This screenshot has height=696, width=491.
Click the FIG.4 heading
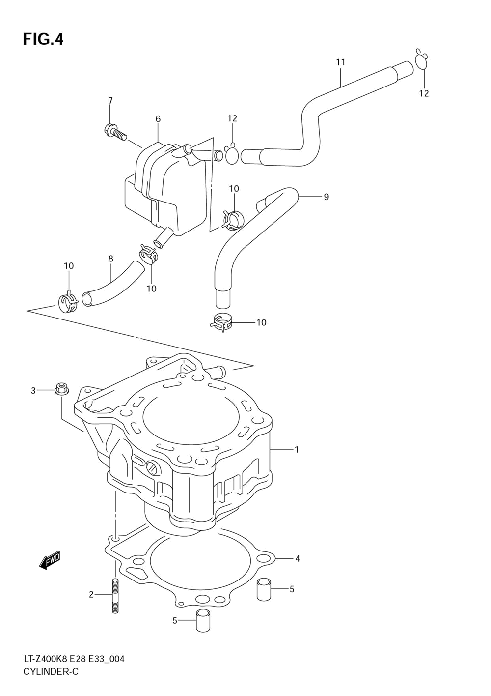tap(43, 39)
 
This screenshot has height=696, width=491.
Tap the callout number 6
tap(158, 118)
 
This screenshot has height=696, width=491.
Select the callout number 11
tap(340, 62)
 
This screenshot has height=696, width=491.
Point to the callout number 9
tap(326, 197)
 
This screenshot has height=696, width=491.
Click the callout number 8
tap(111, 259)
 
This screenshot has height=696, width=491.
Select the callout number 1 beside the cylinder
tap(297, 449)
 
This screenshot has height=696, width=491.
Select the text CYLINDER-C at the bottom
tap(51, 679)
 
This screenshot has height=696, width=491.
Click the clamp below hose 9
tap(221, 323)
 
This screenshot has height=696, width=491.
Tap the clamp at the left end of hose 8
tap(68, 301)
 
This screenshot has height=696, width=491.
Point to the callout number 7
tap(110, 100)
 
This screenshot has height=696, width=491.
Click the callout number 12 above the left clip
tap(232, 118)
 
